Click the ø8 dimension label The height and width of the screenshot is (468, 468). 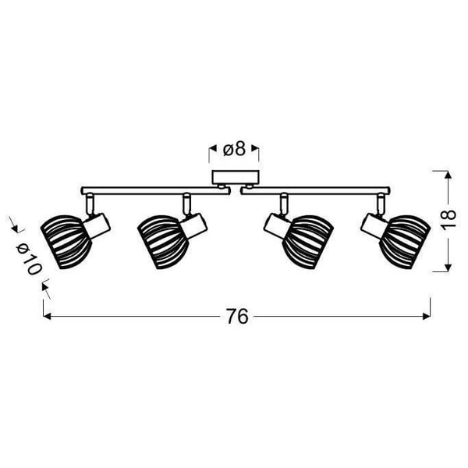(234, 147)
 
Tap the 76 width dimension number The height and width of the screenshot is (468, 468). (237, 317)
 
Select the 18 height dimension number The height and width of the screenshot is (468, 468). (445, 221)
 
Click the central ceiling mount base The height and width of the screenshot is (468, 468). (235, 177)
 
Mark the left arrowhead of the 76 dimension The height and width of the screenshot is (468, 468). (47, 317)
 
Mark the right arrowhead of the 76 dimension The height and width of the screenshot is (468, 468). (427, 317)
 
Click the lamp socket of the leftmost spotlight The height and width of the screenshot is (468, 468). (97, 225)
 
